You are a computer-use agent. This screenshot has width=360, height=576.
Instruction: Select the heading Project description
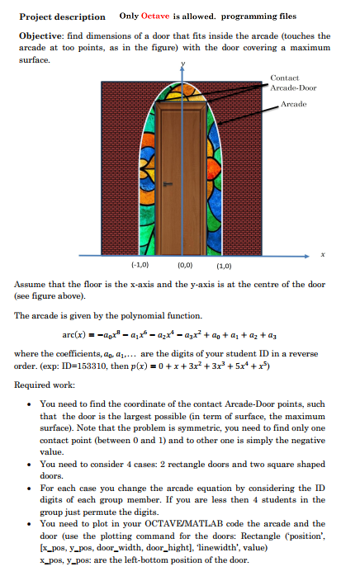click(x=62, y=17)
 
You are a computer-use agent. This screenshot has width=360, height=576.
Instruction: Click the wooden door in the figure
click(x=180, y=181)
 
